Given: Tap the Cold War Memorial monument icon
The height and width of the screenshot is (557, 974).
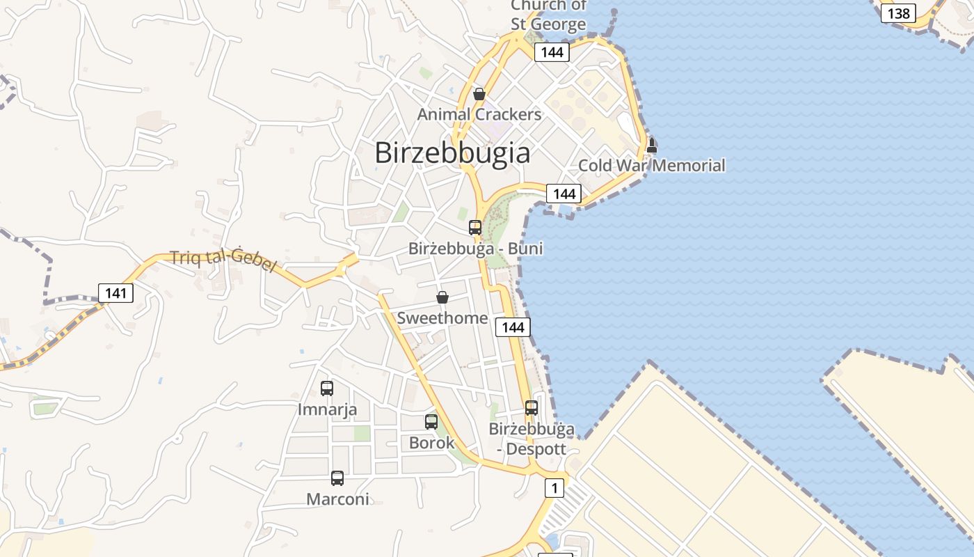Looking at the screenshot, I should [x=652, y=146].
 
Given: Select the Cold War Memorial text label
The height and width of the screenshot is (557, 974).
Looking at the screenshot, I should [x=652, y=166].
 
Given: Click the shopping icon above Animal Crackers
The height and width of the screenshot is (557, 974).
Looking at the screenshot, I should [x=479, y=94].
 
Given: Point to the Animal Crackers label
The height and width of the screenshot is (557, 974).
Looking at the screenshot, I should [x=479, y=114].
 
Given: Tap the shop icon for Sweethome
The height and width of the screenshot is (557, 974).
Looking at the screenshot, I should [x=442, y=298].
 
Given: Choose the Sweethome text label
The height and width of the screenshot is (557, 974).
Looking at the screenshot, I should [x=442, y=318].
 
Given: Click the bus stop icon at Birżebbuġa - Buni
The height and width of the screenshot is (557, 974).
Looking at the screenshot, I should [x=475, y=228].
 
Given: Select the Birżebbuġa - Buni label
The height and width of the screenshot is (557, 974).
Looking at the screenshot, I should [x=475, y=249].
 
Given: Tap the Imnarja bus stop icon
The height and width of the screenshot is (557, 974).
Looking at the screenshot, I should [x=327, y=389].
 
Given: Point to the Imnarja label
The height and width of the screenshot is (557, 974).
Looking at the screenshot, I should [x=327, y=409].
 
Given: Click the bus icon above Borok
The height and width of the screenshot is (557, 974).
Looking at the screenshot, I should [x=431, y=422].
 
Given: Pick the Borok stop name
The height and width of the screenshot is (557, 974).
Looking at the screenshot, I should [x=431, y=443].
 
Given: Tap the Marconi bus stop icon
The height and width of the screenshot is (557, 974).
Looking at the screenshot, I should [x=337, y=478].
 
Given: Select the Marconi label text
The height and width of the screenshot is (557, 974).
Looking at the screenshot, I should [x=337, y=499].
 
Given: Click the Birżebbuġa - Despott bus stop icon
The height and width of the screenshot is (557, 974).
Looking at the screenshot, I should [x=532, y=408].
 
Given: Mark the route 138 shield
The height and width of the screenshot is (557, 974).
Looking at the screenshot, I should [x=898, y=13].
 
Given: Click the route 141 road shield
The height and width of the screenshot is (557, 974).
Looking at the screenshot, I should [x=115, y=293].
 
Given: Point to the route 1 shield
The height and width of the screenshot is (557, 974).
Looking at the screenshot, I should [x=554, y=488].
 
